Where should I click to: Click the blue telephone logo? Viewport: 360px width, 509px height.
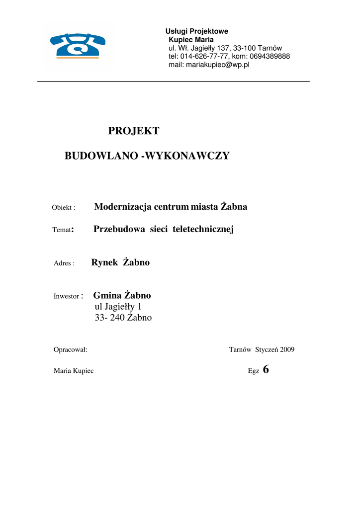[x=78, y=45]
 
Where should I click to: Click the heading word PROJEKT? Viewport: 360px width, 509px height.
[x=134, y=131]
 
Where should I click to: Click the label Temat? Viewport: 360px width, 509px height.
[x=62, y=230]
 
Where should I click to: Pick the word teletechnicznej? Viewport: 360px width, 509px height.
[x=203, y=229]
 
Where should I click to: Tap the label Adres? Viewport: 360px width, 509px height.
[x=63, y=263]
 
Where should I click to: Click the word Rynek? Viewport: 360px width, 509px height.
[x=104, y=262]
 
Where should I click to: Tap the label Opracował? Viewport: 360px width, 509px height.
[x=70, y=350]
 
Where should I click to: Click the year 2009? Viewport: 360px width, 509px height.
[x=287, y=350]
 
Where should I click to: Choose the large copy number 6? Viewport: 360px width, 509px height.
[x=266, y=369]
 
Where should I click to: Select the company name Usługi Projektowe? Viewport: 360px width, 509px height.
[x=196, y=31]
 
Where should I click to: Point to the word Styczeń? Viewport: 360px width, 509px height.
[x=267, y=350]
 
